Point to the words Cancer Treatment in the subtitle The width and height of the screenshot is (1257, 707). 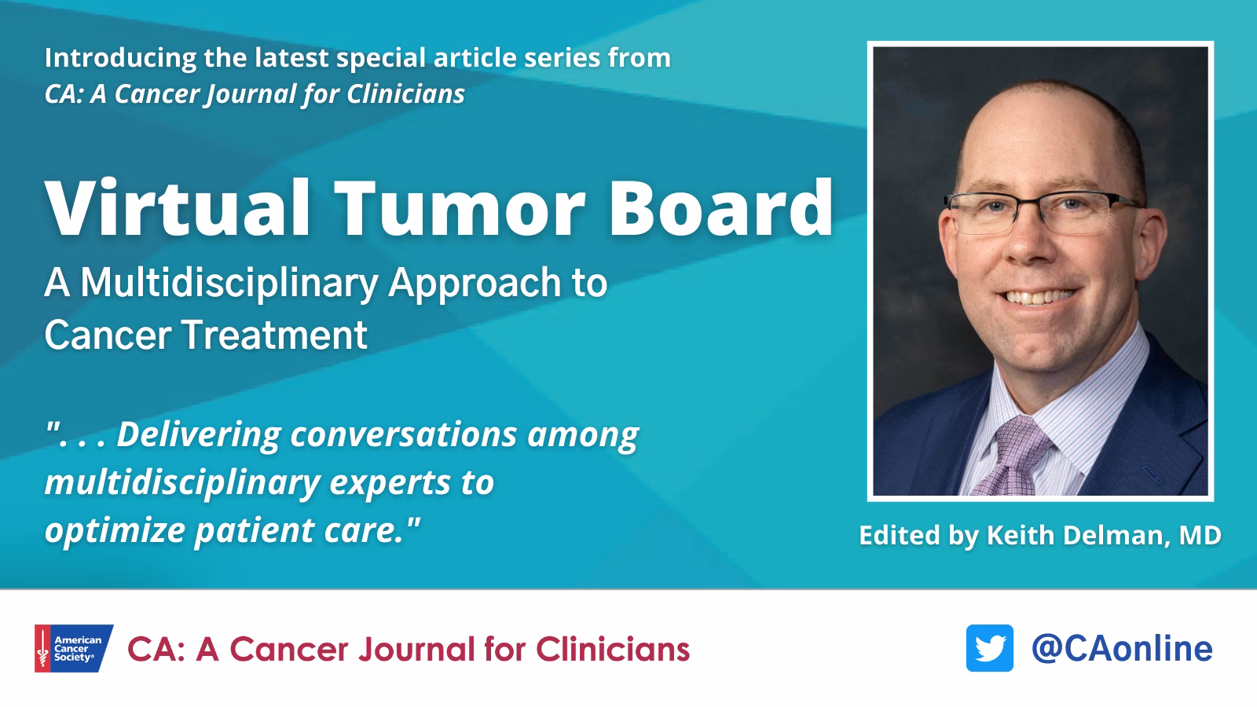click(x=206, y=335)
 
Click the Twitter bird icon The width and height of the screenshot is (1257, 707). click(x=989, y=648)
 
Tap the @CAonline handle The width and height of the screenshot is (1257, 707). click(x=1122, y=648)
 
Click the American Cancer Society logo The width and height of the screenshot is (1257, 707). click(x=74, y=648)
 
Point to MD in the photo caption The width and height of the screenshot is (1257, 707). click(x=1199, y=536)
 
